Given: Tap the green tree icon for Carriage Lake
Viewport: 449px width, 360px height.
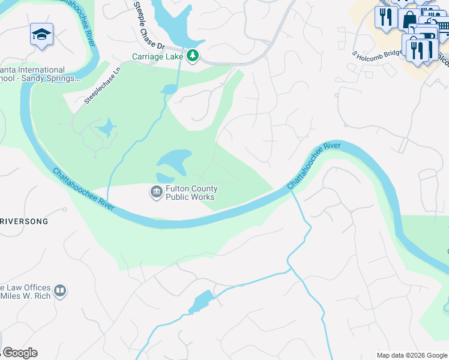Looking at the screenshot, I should pos(192,56).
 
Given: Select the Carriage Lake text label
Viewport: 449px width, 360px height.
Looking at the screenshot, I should pos(158,57).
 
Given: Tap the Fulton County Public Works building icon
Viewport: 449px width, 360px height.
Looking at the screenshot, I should pos(155,192).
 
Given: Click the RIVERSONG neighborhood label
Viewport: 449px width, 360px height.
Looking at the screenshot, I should pos(24,221).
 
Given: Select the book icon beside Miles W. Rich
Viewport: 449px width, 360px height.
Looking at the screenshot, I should pos(59,292).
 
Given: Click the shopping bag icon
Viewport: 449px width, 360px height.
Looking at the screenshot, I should pos(409,17).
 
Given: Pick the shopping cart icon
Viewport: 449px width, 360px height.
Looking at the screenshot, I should pos(442,26).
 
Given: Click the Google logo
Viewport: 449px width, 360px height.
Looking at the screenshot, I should pos(20,353).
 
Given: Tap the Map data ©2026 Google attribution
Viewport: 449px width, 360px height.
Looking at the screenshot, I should pos(411,355).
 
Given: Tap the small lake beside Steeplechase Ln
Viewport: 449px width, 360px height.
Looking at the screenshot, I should pos(106,127).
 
